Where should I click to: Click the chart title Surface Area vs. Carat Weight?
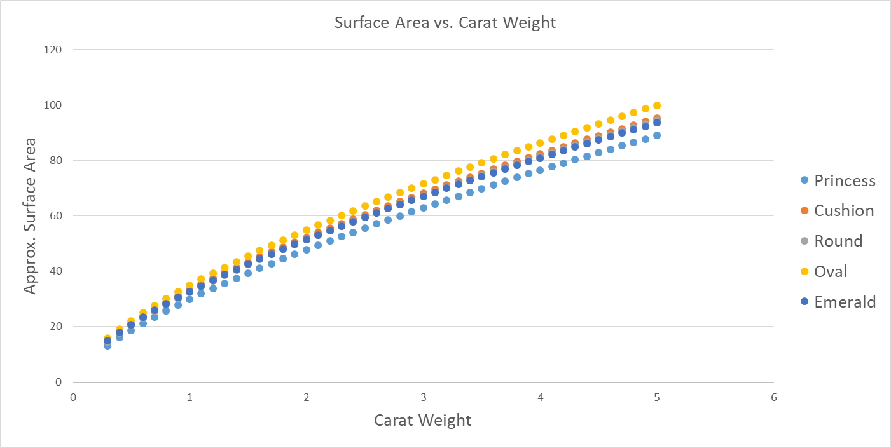click(x=445, y=23)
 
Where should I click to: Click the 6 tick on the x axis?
click(x=773, y=397)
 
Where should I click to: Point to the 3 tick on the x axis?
click(x=423, y=397)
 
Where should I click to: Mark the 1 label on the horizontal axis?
click(x=190, y=397)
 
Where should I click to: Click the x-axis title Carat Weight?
click(x=423, y=420)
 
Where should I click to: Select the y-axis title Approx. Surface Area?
click(x=30, y=215)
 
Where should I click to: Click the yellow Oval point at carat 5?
click(x=657, y=105)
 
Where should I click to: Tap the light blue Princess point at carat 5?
click(x=657, y=135)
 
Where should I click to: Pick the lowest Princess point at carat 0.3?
click(x=107, y=346)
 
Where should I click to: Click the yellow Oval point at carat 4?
click(x=540, y=143)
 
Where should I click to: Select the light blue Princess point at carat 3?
click(x=423, y=208)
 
